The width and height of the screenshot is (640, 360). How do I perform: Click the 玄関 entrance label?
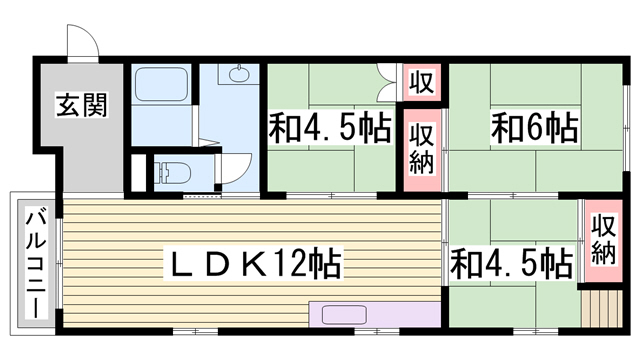pos(82,104)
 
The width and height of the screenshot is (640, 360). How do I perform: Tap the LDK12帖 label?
pos(253,264)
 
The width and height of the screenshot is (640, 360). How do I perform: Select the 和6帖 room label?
pos(534,127)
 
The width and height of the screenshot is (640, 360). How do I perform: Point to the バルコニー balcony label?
pos(36,263)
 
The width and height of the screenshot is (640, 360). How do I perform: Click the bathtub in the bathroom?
pos(161,84)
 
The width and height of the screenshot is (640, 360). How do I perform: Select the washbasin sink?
pos(238,75)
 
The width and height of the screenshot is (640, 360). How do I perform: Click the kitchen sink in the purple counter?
pos(344,315)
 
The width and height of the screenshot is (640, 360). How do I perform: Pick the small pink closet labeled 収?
pos(422,82)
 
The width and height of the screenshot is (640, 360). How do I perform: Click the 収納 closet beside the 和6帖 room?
pos(422,150)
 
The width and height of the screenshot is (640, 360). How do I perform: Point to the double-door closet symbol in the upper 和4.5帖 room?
pos(387,82)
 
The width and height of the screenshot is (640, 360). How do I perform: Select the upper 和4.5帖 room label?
pos(330,127)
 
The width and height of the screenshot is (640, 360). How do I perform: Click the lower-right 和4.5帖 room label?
pos(511,263)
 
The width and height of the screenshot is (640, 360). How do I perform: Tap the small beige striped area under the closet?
pos(602,308)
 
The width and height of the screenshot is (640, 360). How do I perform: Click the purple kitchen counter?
pos(375,314)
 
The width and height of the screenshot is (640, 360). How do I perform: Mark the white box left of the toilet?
pos(139,173)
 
